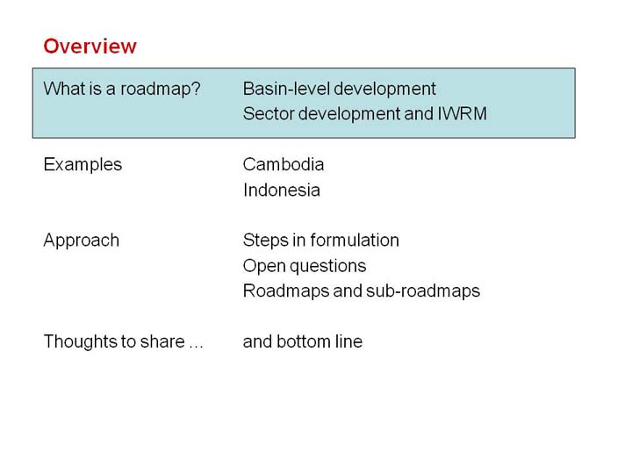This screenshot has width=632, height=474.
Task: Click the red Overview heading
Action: click(90, 46)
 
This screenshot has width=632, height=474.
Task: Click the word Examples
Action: click(83, 165)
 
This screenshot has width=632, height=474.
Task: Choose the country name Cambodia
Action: click(284, 164)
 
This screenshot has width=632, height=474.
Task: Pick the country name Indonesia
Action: click(282, 190)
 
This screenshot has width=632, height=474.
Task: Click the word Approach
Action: click(82, 241)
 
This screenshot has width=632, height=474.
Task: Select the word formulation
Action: click(355, 241)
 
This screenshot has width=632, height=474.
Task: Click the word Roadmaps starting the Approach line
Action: click(286, 291)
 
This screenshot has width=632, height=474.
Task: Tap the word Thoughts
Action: click(75, 341)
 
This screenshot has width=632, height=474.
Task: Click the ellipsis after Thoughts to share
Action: click(196, 346)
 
